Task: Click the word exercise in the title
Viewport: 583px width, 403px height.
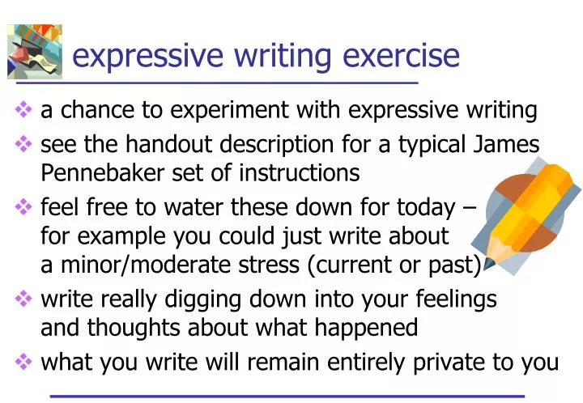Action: [402, 56]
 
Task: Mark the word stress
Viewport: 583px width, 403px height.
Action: [260, 264]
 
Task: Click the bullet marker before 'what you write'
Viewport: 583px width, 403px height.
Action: [23, 363]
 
